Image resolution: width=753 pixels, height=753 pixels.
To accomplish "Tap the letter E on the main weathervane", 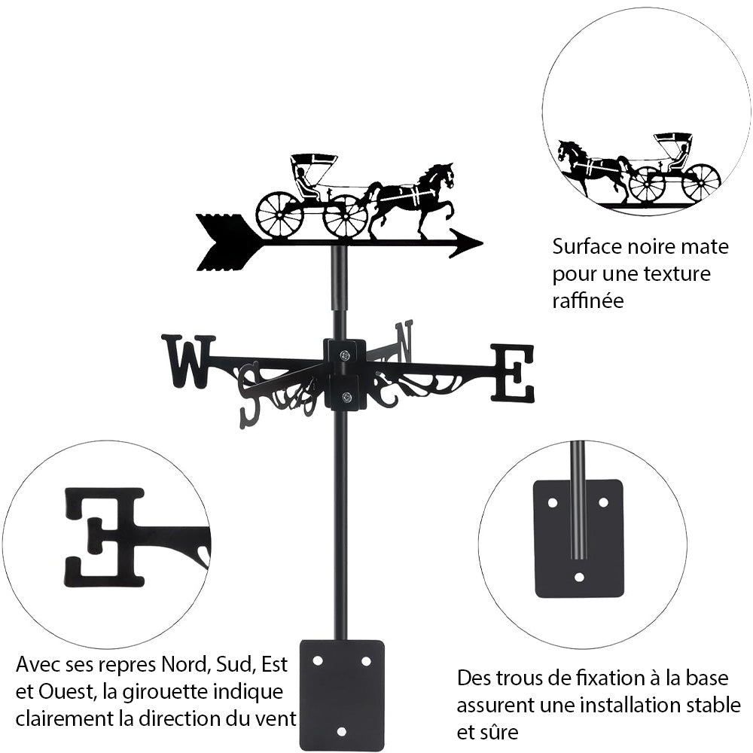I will coord(513,373).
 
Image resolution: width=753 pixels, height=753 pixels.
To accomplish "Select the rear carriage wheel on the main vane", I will coord(279,214).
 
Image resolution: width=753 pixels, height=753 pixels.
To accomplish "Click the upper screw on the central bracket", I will coord(344,355).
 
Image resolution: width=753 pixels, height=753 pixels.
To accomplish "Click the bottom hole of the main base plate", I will coord(341,731).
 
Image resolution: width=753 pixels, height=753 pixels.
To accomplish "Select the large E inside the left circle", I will coord(104,536).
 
